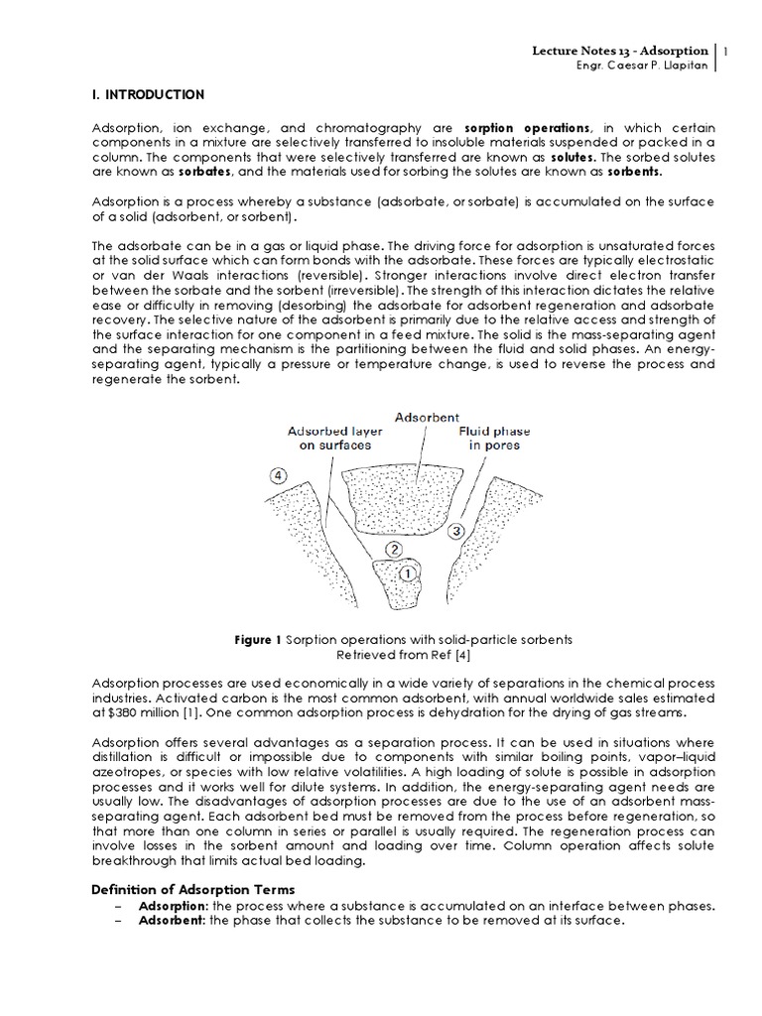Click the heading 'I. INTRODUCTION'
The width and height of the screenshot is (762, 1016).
[148, 95]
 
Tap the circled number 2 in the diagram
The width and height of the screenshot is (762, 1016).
[393, 549]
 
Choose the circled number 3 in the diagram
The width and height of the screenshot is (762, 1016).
[455, 531]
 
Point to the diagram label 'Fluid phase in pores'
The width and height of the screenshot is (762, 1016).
[493, 440]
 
